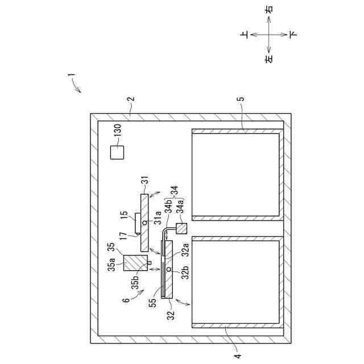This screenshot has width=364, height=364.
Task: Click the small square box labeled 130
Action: tap(117, 152)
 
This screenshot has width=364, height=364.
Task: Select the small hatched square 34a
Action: tap(182, 229)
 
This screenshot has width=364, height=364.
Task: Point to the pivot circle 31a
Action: tap(145, 222)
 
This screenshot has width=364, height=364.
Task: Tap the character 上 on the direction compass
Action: tap(245, 35)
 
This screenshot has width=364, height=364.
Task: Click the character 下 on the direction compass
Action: tap(292, 35)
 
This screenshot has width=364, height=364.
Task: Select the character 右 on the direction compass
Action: tap(269, 10)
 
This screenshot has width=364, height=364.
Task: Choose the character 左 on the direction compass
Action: tap(269, 58)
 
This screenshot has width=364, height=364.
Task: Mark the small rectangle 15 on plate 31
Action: tap(137, 222)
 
